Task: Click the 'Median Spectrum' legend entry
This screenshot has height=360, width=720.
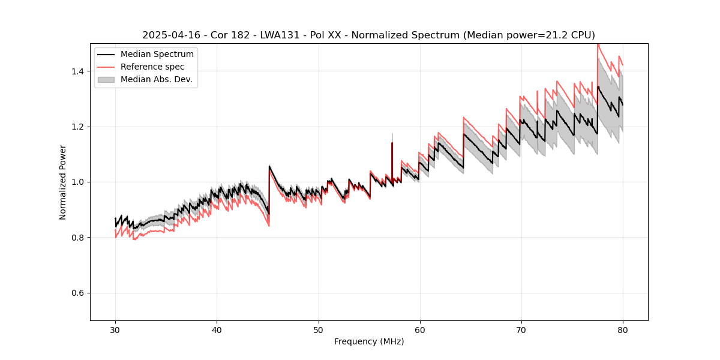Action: pyautogui.click(x=157, y=55)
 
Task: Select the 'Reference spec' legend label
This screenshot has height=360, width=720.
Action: pyautogui.click(x=153, y=67)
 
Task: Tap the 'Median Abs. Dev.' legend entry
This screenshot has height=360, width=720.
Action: pyautogui.click(x=156, y=79)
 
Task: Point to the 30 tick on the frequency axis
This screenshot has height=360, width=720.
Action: pyautogui.click(x=115, y=329)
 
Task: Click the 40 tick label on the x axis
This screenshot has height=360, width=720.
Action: pyautogui.click(x=217, y=329)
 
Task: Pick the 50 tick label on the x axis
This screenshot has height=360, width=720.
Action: pyautogui.click(x=318, y=329)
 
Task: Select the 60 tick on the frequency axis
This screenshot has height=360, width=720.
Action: pyautogui.click(x=419, y=329)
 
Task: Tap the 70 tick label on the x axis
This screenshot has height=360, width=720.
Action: pyautogui.click(x=521, y=329)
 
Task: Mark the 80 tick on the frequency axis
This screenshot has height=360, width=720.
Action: pyautogui.click(x=622, y=329)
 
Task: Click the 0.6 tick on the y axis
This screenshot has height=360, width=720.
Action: pyautogui.click(x=79, y=293)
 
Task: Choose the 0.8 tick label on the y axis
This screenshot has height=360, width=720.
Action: pyautogui.click(x=79, y=238)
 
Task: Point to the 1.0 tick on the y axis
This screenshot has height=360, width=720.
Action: pyautogui.click(x=79, y=182)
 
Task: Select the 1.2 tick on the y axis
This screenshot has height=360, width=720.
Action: pyautogui.click(x=79, y=127)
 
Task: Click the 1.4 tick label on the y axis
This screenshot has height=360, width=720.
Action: pyautogui.click(x=79, y=71)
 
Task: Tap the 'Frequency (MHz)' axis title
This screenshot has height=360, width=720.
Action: pyautogui.click(x=369, y=341)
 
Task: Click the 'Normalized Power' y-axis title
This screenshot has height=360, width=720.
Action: pyautogui.click(x=63, y=182)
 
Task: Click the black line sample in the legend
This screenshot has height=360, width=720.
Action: pyautogui.click(x=106, y=55)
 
